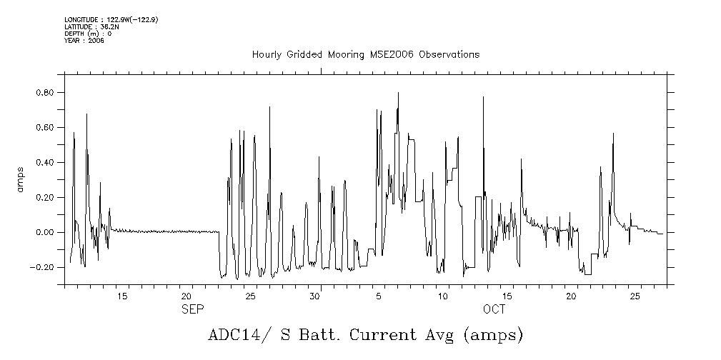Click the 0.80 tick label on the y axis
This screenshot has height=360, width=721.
(46, 93)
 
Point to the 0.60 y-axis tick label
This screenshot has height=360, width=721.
(46, 128)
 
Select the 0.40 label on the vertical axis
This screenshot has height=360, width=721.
(46, 163)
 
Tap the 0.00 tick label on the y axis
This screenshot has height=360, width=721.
(46, 233)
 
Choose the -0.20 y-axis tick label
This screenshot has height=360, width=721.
(44, 268)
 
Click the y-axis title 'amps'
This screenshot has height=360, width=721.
(21, 180)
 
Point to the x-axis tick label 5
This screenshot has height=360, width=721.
(379, 296)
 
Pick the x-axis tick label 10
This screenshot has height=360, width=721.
(443, 296)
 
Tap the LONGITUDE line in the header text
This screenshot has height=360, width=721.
(111, 20)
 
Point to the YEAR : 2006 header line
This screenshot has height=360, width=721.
(84, 41)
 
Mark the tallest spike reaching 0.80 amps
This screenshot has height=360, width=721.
(398, 94)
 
